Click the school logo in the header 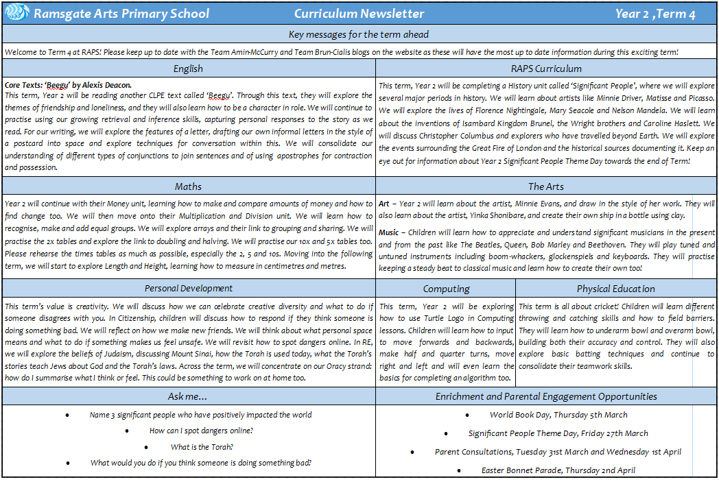click(16, 14)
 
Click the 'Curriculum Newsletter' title click(359, 14)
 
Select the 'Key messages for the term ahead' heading click(359, 34)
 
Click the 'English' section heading click(188, 68)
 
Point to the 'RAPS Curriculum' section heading click(546, 68)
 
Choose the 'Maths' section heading click(188, 186)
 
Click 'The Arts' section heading click(546, 186)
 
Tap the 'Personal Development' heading click(188, 288)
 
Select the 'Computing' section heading click(446, 289)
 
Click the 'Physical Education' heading click(615, 289)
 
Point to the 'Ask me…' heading click(188, 396)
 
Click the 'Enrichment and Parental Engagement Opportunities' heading click(546, 396)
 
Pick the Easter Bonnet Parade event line click(558, 470)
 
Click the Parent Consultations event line click(558, 452)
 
